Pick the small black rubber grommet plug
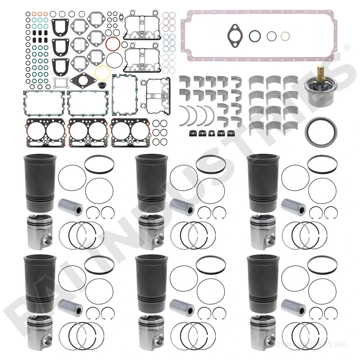coord(104,86)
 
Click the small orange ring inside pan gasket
coord(285,36)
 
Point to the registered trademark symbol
coord(346,47)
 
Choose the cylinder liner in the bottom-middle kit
coord(151,283)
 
